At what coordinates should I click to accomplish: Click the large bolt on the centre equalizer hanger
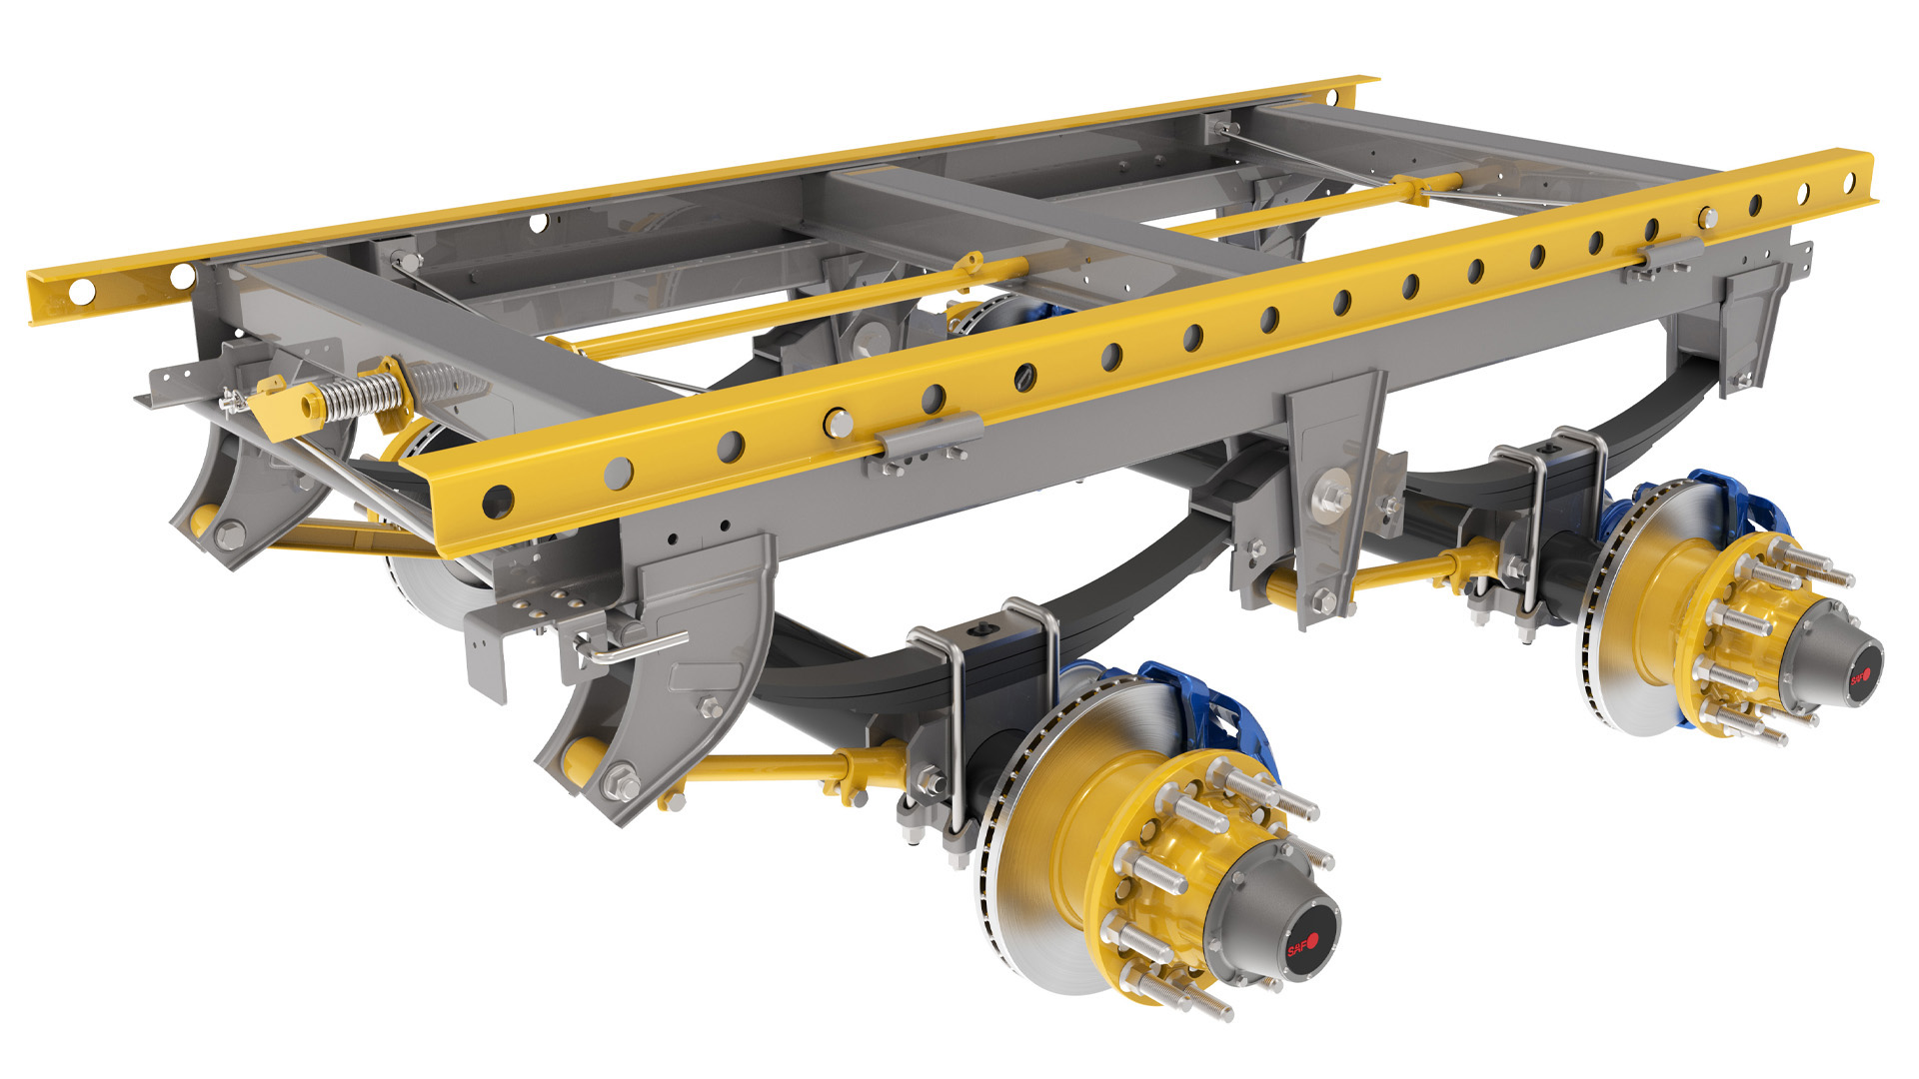coord(1333,495)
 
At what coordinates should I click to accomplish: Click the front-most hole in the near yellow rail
coord(497,501)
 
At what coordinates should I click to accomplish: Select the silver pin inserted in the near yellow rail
coord(838,423)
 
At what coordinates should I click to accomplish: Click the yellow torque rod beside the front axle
coord(760,768)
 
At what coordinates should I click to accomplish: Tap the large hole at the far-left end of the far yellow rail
coord(82,292)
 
